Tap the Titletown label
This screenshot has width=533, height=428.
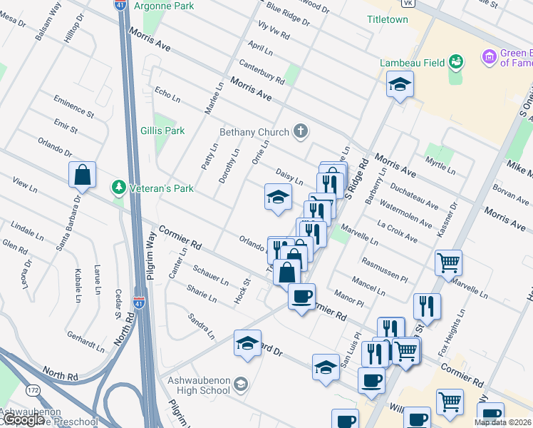(x=387, y=19)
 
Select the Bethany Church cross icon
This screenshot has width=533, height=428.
(x=301, y=131)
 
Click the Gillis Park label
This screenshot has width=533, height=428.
(x=162, y=131)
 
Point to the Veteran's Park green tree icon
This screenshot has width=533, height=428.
(x=118, y=188)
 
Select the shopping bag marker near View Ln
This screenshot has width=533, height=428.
(x=82, y=175)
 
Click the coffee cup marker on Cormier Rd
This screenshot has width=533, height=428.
(x=301, y=295)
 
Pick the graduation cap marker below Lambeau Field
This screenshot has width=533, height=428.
(x=400, y=86)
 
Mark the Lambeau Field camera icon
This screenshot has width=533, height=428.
(x=457, y=62)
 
